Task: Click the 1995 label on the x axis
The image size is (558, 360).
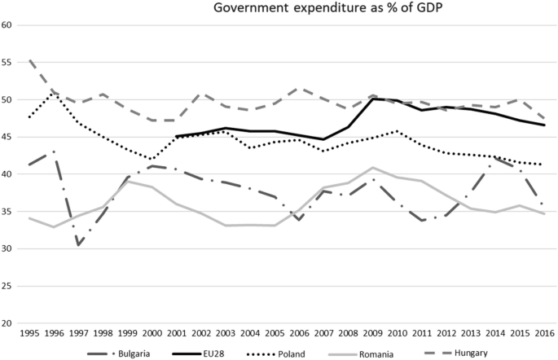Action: coord(29,335)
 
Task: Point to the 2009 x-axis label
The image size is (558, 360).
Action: coord(373,335)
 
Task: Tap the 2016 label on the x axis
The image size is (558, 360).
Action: coord(545,335)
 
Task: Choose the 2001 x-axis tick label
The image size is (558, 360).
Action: coord(177,335)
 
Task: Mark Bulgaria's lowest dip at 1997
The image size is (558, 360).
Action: coord(78,245)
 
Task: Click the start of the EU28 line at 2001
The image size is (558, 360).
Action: coord(177,137)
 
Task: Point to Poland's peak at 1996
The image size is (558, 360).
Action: coord(54,93)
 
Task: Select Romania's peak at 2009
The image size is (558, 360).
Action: coord(373,168)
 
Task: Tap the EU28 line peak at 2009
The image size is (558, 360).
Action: coord(373,99)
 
